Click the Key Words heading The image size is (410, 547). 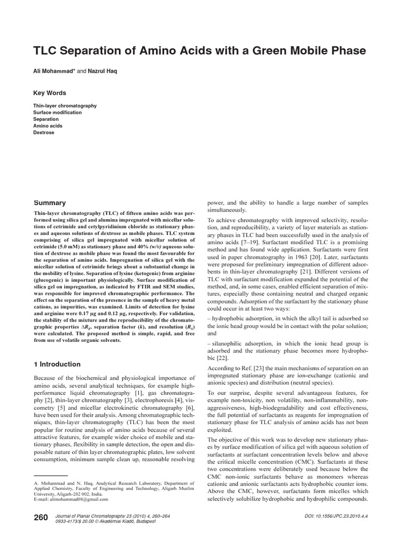click(x=50, y=93)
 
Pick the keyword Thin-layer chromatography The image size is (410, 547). click(x=65, y=106)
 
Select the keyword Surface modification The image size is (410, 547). click(x=58, y=113)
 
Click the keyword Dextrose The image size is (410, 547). click(x=44, y=132)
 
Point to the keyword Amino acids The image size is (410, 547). click(x=48, y=126)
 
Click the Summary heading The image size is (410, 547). click(x=50, y=203)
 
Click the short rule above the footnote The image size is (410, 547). click(x=50, y=475)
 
